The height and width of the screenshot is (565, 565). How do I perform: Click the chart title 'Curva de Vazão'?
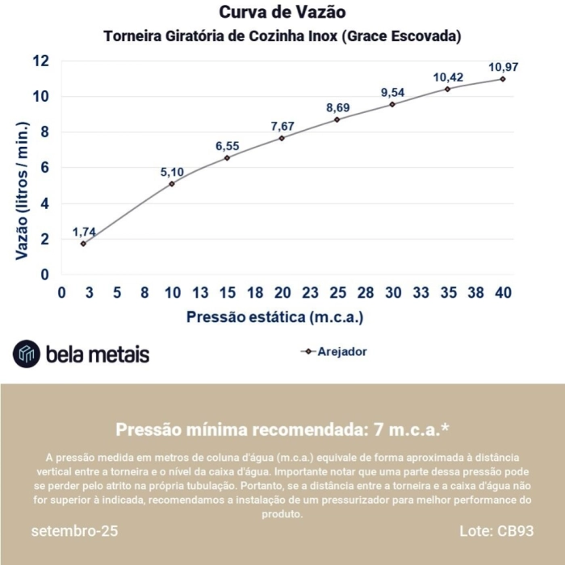click(282, 13)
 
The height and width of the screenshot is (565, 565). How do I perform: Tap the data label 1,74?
click(84, 232)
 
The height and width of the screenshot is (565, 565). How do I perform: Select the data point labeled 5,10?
click(172, 184)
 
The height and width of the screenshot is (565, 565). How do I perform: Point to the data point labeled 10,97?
click(502, 79)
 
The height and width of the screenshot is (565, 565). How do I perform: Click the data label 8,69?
click(338, 107)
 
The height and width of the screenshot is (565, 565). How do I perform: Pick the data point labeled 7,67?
click(282, 138)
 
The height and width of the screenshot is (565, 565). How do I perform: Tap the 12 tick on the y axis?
click(41, 61)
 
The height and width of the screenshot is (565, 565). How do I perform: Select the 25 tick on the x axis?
click(337, 293)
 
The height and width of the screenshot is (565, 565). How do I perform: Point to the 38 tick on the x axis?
click(475, 293)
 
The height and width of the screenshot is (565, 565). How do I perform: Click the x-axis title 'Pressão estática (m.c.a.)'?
click(274, 317)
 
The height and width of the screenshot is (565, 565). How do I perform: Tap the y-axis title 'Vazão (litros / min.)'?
click(23, 190)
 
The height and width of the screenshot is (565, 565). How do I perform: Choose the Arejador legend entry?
click(333, 352)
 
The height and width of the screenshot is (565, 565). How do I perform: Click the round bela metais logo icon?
click(26, 354)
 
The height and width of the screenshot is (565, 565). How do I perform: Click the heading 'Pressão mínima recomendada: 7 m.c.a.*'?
click(282, 429)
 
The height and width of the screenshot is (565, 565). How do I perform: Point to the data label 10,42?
click(448, 77)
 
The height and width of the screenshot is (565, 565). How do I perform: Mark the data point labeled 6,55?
click(227, 158)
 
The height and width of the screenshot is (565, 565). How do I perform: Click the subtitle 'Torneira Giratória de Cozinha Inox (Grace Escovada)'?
click(282, 37)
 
